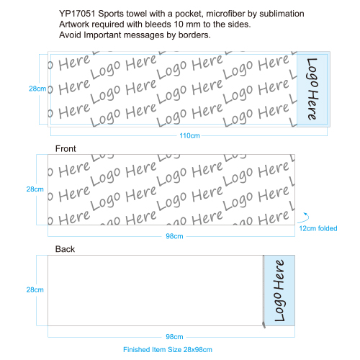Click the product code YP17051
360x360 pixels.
(77, 14)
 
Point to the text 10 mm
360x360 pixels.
(188, 24)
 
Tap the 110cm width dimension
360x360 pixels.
(189, 135)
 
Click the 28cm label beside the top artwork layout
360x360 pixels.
(37, 89)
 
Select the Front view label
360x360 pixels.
(66, 148)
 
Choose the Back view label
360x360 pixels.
(65, 249)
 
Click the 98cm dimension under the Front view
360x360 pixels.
(174, 236)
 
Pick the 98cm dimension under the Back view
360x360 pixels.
(174, 337)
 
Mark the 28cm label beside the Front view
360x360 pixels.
(35, 189)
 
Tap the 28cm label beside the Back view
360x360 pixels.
(35, 289)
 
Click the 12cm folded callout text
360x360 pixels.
(318, 228)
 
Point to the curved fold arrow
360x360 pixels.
(307, 217)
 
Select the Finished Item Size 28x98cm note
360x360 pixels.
(168, 349)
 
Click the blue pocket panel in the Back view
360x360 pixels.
(279, 290)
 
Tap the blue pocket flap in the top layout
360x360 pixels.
(313, 89)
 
